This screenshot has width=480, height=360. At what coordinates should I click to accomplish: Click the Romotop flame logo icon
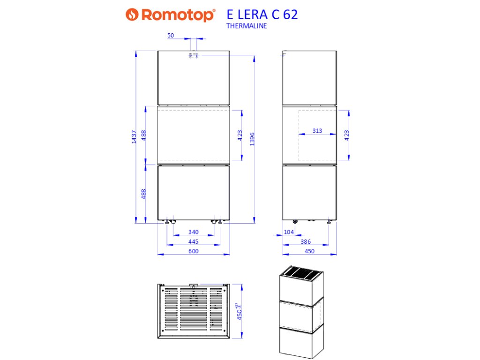coord(132,15)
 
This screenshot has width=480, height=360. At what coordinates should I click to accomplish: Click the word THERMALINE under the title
coord(247,26)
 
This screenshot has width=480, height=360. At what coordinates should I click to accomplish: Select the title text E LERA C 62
coord(262,15)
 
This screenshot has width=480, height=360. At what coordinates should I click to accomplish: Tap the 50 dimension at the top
coord(170,35)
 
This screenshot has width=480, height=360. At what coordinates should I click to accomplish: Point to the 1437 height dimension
coord(134,136)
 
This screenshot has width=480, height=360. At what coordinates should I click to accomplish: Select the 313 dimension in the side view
coord(317,131)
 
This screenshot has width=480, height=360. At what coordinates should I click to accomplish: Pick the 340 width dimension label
coord(193,232)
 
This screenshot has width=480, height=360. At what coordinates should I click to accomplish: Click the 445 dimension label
coord(193,241)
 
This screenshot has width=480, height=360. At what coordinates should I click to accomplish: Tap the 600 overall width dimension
coord(193,251)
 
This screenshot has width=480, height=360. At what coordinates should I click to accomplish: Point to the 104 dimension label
coord(289,232)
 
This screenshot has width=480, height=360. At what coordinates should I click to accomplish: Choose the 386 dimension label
coord(306,241)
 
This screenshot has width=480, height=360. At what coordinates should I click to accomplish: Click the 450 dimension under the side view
coord(309,251)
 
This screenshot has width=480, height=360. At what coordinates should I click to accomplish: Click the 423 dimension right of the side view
coord(347,135)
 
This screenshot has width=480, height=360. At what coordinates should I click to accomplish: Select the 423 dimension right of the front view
coord(240,135)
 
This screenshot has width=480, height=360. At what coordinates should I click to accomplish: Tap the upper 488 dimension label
coord(144,135)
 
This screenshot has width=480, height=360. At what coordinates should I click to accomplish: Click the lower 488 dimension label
coord(144,194)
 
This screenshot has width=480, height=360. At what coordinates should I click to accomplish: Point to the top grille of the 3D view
coord(302,272)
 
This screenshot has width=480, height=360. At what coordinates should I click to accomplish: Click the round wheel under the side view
coord(295,221)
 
